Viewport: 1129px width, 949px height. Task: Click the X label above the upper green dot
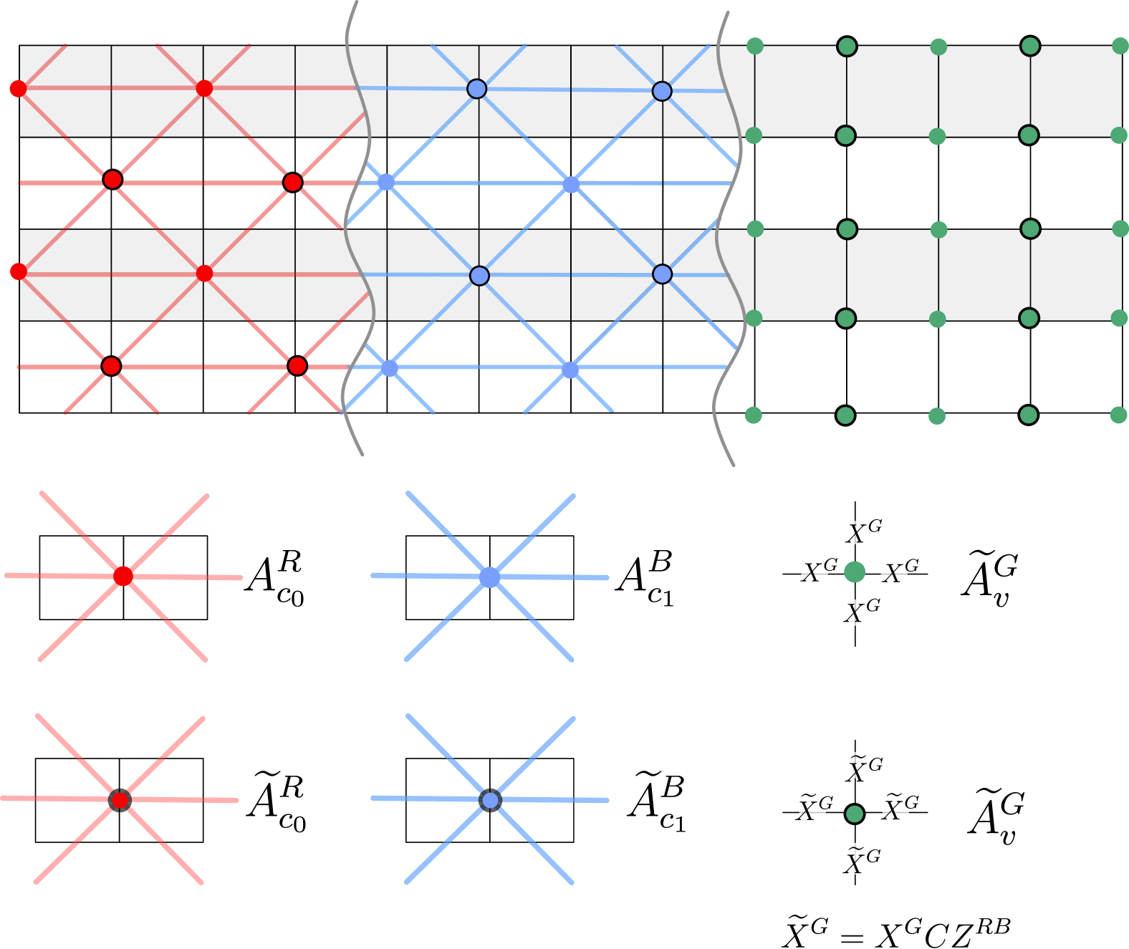[x=855, y=533]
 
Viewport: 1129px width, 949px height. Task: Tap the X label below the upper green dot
[x=855, y=613]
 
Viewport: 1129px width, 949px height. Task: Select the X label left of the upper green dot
[x=815, y=572]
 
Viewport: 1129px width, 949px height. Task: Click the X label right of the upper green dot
[x=894, y=572]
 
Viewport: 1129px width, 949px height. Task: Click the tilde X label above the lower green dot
[x=855, y=766]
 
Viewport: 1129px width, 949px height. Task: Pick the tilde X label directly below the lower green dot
[x=855, y=859]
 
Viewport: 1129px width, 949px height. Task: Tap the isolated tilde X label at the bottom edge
[x=798, y=930]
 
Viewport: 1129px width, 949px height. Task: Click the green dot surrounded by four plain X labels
[x=855, y=572]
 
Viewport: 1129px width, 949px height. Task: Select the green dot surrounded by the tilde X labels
[x=855, y=814]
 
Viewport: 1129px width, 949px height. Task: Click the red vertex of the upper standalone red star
[x=123, y=576]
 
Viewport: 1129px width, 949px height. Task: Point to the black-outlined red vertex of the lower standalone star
[x=120, y=800]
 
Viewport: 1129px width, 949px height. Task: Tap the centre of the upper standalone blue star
[x=489, y=577]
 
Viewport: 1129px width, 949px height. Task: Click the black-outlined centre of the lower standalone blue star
[x=490, y=800]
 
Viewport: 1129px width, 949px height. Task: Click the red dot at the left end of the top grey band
[x=18, y=89]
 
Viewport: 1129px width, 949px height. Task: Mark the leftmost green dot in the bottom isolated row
[x=754, y=415]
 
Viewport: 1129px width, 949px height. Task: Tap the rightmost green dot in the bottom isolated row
[x=1118, y=415]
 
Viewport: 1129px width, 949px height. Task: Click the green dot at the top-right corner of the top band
[x=1120, y=47]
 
